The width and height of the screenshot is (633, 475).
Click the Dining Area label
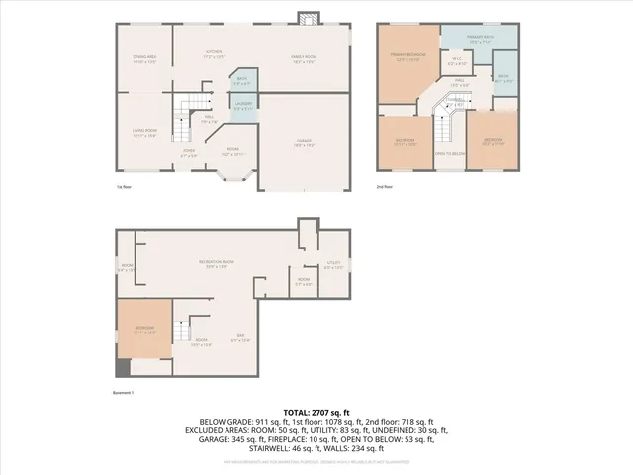click(144, 59)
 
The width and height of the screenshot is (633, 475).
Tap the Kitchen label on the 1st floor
click(214, 53)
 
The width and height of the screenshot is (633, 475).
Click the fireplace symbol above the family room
click(310, 19)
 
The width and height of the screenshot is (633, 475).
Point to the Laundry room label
click(243, 104)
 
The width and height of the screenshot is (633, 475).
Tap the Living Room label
click(144, 132)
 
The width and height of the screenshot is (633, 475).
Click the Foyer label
click(189, 154)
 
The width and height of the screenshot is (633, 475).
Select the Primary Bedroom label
click(406, 58)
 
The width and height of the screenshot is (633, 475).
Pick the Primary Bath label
click(481, 41)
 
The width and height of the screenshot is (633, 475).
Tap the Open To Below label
click(450, 153)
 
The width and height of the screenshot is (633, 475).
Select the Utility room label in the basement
click(333, 264)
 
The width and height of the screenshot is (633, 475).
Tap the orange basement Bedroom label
click(144, 331)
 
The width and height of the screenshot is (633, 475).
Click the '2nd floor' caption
click(385, 186)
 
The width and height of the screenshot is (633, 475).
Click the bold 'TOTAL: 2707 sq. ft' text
click(316, 412)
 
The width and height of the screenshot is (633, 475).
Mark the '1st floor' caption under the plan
click(124, 186)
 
